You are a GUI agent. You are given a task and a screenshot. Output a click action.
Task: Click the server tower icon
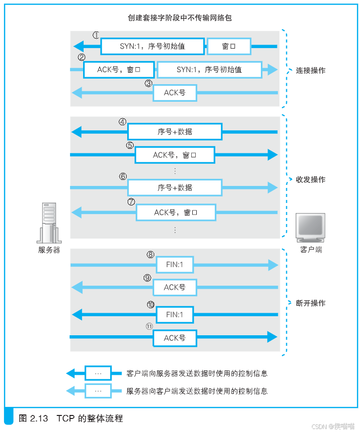tap(49, 223)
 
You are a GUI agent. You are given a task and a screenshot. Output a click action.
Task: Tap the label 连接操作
tap(310, 71)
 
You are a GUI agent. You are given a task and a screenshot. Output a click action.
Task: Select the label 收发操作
tap(310, 179)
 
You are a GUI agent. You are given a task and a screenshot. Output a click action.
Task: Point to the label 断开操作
tap(310, 303)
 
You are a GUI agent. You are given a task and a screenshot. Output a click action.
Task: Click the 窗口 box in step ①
tap(228, 47)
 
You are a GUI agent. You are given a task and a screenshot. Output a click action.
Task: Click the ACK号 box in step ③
tap(175, 93)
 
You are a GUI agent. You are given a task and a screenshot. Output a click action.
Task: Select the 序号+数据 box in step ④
tap(175, 132)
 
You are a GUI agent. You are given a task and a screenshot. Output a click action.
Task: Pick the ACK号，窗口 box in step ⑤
tap(175, 155)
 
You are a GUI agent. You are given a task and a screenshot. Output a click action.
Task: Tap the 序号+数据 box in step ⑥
tap(175, 187)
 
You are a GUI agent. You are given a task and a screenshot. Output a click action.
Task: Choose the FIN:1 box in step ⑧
tap(175, 265)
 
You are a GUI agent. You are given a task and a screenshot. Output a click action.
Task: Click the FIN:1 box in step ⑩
tap(175, 315)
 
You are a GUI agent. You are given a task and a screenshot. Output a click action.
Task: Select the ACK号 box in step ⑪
tap(175, 338)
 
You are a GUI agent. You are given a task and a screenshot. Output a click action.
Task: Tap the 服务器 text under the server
tap(49, 250)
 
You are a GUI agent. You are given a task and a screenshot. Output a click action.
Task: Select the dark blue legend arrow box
tap(98, 373)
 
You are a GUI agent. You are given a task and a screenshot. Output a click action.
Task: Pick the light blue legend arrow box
tap(98, 391)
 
